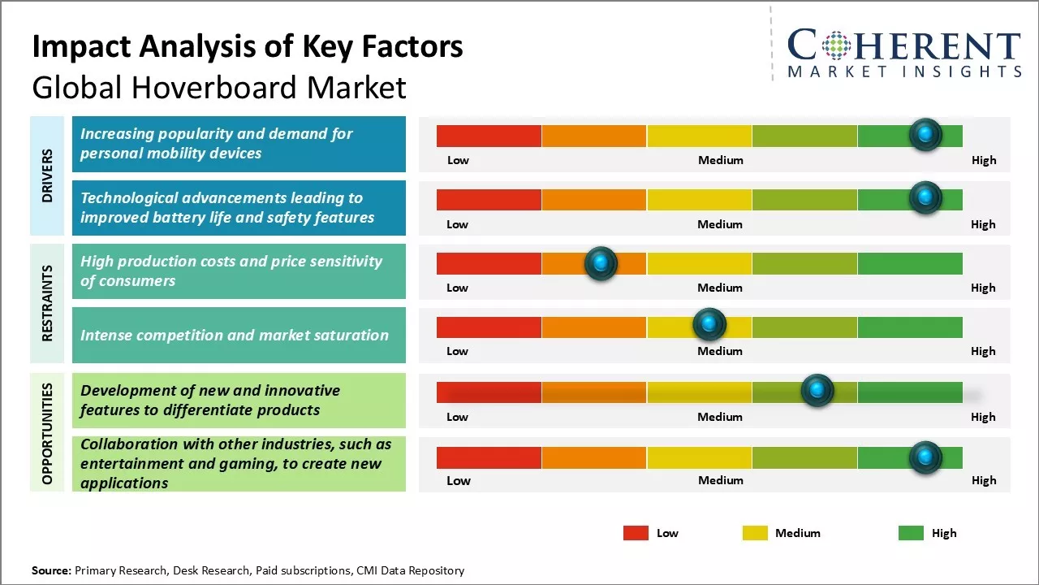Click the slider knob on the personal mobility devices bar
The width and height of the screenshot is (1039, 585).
click(925, 135)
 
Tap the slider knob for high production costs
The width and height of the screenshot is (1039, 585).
click(601, 263)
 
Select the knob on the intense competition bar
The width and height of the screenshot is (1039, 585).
click(709, 325)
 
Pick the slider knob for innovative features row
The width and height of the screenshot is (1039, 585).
click(817, 391)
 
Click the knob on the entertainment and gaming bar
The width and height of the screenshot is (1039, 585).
click(925, 458)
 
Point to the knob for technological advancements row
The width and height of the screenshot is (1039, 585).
click(925, 198)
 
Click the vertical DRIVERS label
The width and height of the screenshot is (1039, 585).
click(47, 175)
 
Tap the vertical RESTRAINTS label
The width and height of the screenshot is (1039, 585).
click(47, 303)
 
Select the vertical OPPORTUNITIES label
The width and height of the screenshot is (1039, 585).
click(47, 433)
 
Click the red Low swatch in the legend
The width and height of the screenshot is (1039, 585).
click(636, 533)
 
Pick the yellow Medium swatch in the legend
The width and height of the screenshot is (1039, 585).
click(755, 533)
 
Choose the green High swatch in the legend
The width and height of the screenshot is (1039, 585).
click(911, 533)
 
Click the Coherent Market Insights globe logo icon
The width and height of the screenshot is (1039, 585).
click(835, 45)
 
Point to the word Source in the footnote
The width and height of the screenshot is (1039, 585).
click(51, 570)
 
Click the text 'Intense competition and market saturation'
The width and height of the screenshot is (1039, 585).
click(234, 335)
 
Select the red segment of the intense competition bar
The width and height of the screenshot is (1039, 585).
click(489, 327)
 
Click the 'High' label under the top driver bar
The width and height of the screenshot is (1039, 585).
click(984, 160)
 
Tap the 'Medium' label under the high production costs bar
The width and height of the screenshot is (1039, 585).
click(720, 288)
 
